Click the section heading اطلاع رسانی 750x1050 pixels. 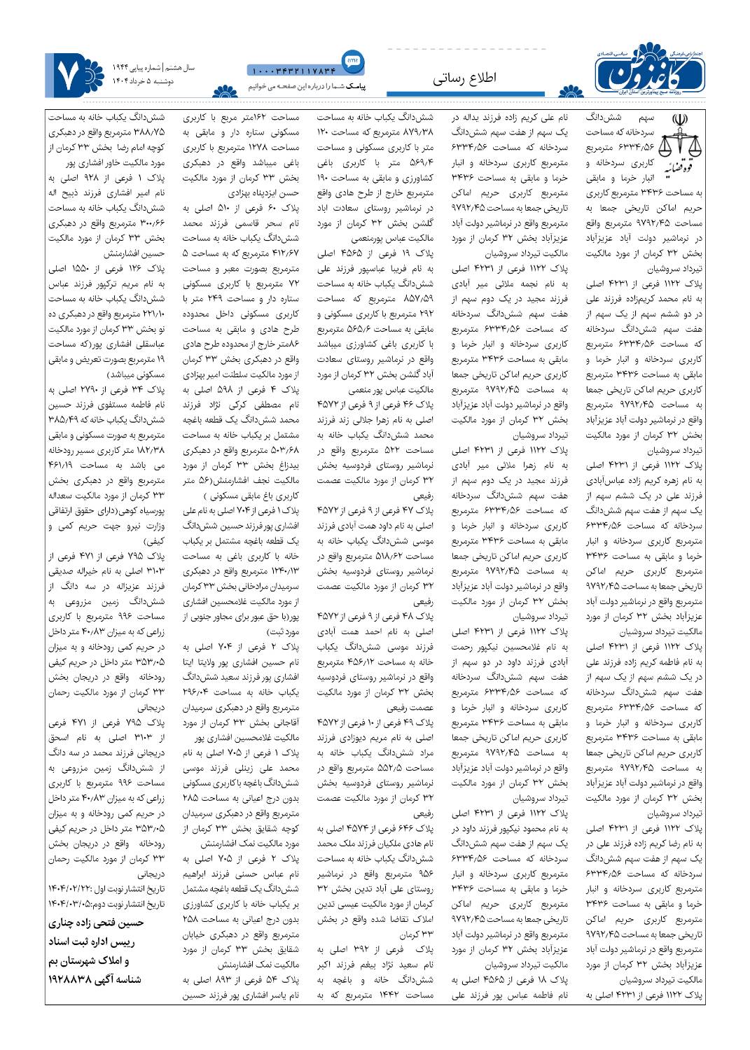point(465,79)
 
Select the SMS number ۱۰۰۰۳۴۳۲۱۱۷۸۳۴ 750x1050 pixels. point(293,70)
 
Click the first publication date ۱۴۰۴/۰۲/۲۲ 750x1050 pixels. point(69,888)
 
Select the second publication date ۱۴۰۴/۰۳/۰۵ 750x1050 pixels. point(70,903)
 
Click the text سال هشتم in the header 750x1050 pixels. point(180,68)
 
